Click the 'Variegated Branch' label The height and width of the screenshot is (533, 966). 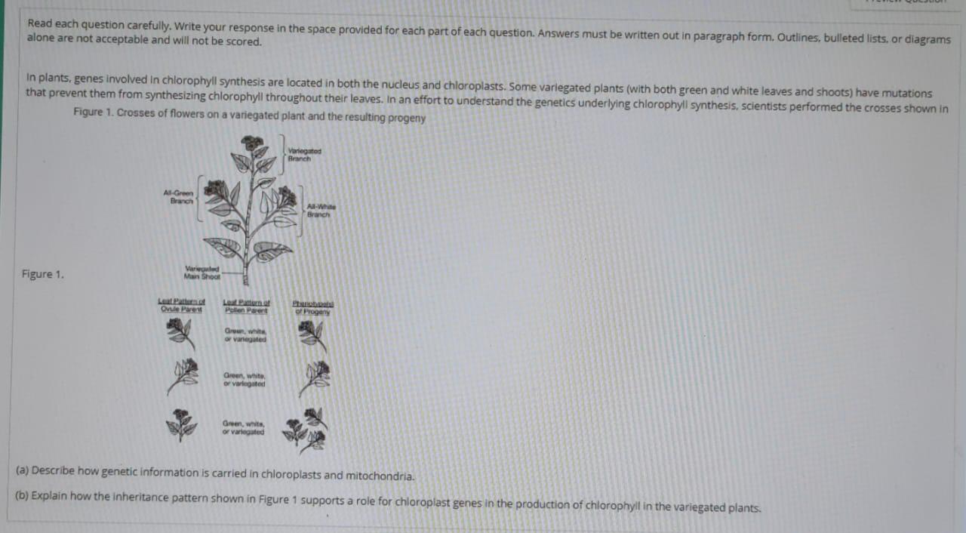300,156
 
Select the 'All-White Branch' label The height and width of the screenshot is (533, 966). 320,211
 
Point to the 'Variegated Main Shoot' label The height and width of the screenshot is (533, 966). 202,273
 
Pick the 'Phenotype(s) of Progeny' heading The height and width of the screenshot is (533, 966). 312,307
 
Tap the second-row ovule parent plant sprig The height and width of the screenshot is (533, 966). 183,375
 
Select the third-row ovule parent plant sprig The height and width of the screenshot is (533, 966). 181,424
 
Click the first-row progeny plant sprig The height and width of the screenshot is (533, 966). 311,334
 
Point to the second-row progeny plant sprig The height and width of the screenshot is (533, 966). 314,377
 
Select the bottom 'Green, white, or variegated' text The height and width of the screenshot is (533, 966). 244,427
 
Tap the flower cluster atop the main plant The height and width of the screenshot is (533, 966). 253,143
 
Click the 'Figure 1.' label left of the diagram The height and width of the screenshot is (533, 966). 43,274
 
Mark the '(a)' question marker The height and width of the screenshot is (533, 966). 23,470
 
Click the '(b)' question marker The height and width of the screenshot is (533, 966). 23,499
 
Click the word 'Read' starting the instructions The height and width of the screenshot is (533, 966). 39,24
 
